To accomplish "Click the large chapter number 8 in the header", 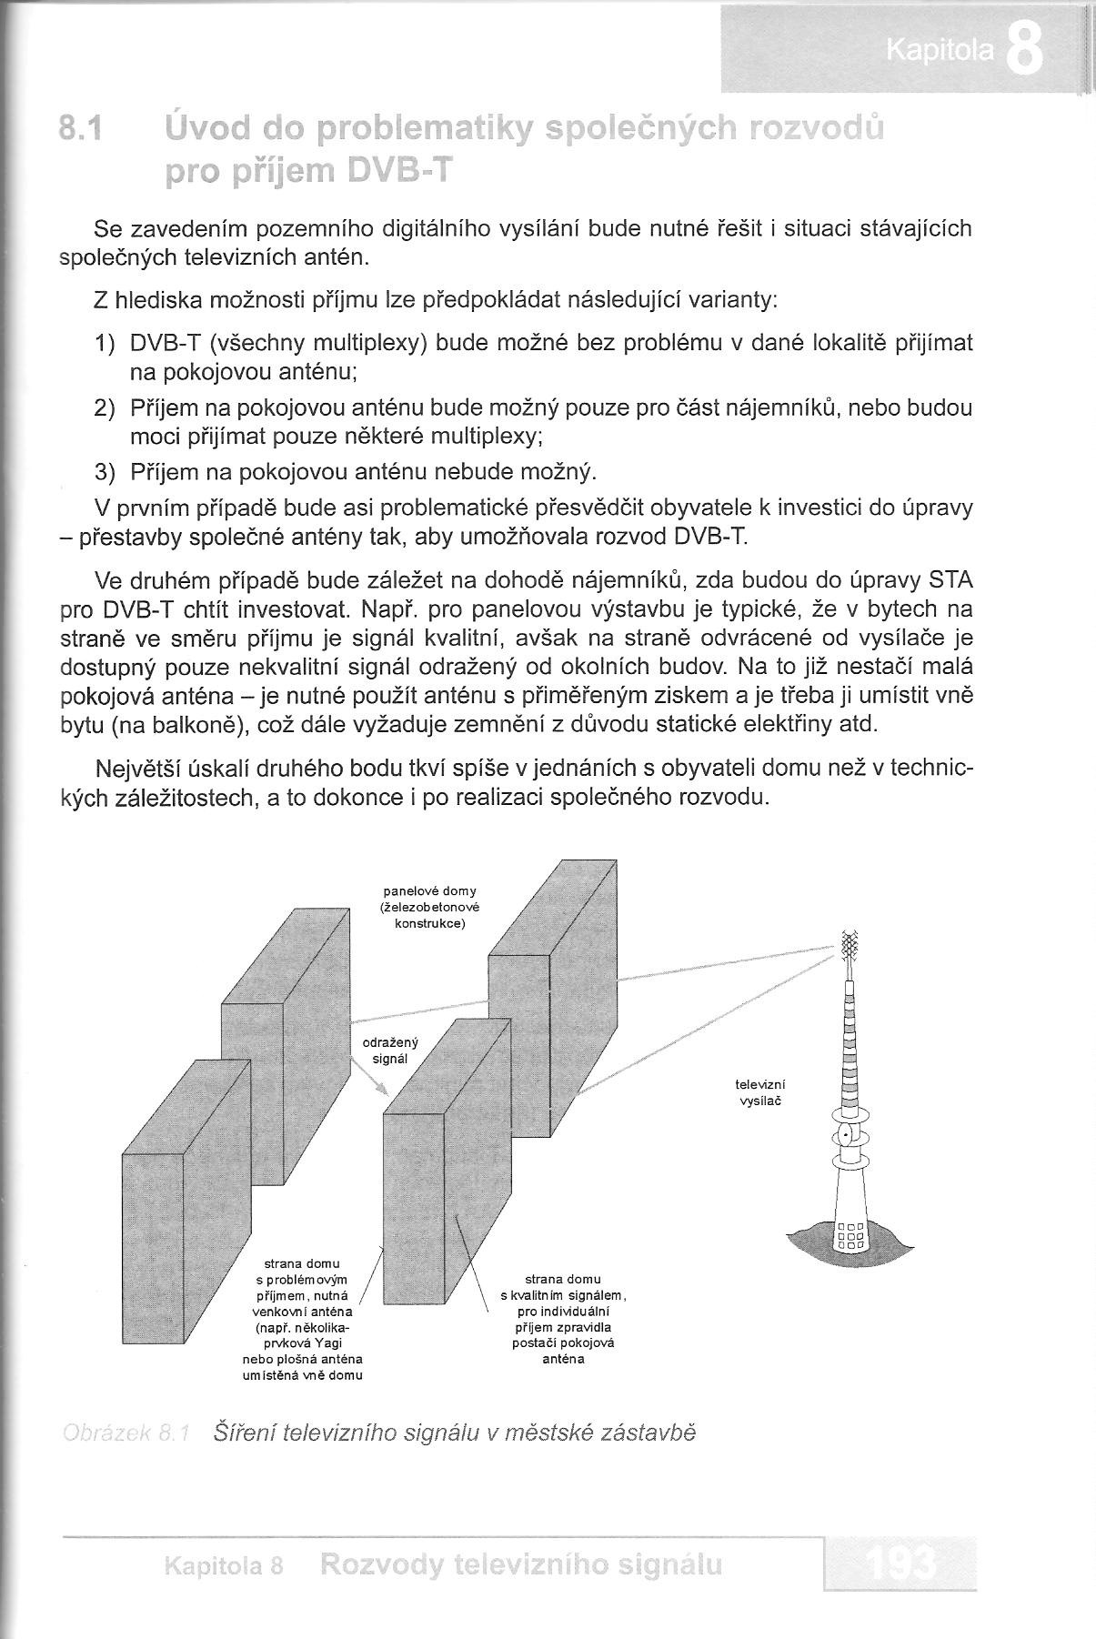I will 1025,52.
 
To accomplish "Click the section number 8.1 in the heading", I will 79,131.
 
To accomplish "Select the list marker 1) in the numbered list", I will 106,344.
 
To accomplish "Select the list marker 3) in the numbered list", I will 106,472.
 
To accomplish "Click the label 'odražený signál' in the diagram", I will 390,1051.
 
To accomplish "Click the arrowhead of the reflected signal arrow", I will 384,1089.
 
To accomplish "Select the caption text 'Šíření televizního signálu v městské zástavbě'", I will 454,1433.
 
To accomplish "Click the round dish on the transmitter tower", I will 848,1135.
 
